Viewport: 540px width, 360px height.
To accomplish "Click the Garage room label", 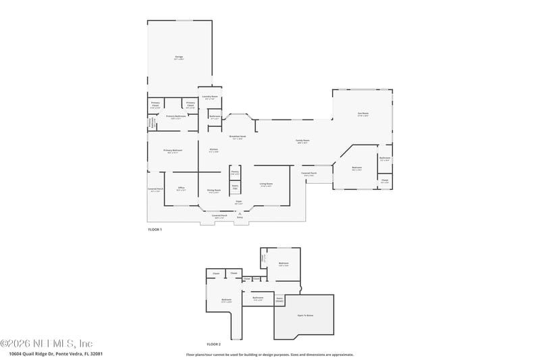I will (179, 57).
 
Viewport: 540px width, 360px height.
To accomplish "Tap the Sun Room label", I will (362, 114).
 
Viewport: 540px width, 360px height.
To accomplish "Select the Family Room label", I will (302, 140).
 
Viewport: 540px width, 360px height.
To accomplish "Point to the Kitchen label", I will (213, 149).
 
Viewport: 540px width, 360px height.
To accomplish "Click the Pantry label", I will (235, 172).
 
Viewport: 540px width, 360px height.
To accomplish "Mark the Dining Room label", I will (214, 190).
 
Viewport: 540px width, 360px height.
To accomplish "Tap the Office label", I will (181, 188).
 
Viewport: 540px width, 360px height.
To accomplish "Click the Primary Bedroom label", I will (173, 151).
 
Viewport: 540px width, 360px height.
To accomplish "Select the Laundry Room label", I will (210, 97).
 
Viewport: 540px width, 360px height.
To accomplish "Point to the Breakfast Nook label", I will (236, 136).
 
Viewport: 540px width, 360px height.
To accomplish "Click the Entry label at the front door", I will (240, 217).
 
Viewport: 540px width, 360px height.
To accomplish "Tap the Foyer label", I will (238, 201).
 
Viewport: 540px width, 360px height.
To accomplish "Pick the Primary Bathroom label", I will (176, 116).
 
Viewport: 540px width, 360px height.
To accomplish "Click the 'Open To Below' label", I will (304, 315).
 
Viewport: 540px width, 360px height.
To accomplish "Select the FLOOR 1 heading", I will (155, 230).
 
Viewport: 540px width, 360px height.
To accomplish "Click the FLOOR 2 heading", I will (214, 344).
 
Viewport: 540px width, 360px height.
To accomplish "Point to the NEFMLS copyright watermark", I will (47, 343).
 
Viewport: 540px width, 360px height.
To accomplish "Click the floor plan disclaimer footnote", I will (269, 354).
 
